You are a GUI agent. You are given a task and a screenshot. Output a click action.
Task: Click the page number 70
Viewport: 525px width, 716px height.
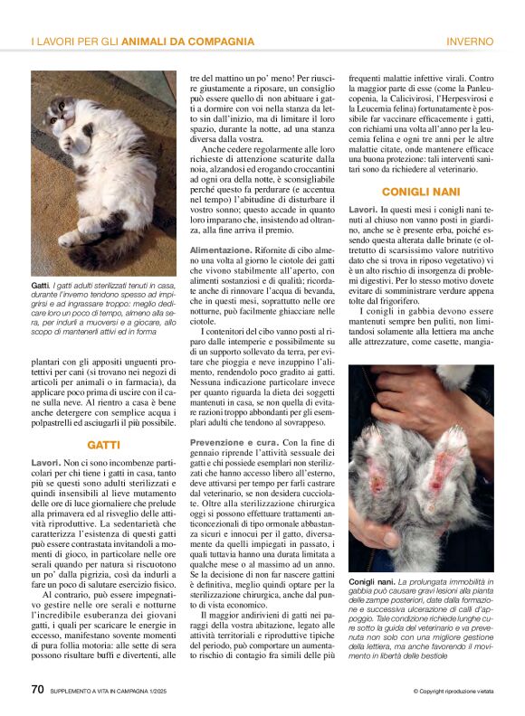pos(37,689)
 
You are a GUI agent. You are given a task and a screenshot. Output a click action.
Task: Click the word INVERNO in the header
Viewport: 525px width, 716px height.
pos(470,42)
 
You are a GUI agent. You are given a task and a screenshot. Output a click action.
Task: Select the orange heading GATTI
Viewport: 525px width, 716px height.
pos(104,445)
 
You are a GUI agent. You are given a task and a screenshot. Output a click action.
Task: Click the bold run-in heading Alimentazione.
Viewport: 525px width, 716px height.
pos(222,249)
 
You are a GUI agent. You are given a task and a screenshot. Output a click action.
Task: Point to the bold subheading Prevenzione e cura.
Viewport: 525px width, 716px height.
pos(234,440)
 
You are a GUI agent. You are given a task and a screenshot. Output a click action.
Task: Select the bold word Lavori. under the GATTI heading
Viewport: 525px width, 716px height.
pos(45,462)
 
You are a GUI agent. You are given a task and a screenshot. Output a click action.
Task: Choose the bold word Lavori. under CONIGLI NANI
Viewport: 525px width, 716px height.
pos(364,210)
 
